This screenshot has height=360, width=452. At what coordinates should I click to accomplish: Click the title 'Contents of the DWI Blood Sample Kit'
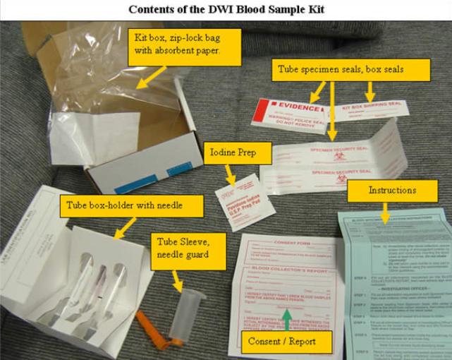[x=226, y=9]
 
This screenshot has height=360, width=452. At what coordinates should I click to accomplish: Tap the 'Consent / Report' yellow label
[x=282, y=342]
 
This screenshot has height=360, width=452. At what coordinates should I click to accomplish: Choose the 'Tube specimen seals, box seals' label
[x=350, y=69]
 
